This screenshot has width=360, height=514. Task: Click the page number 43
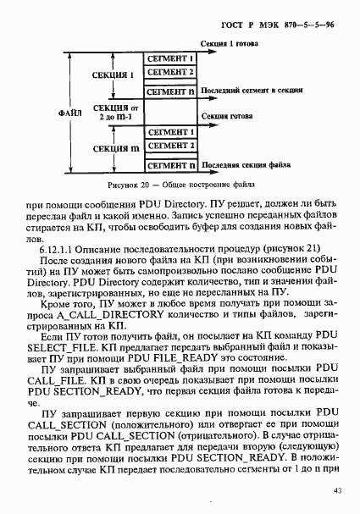click(337, 489)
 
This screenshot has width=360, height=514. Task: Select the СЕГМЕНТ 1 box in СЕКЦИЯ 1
click(170, 58)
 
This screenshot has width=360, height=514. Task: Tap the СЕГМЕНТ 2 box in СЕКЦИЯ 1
click(170, 73)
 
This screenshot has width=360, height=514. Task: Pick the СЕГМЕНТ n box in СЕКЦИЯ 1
click(170, 90)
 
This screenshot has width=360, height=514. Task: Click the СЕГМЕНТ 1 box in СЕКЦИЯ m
click(170, 131)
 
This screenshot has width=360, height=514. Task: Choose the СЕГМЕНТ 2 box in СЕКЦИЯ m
click(170, 146)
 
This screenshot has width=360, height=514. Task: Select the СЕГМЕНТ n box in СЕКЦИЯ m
click(170, 163)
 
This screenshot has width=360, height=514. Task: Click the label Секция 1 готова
click(230, 42)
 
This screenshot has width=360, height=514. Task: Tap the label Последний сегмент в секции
click(254, 88)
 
